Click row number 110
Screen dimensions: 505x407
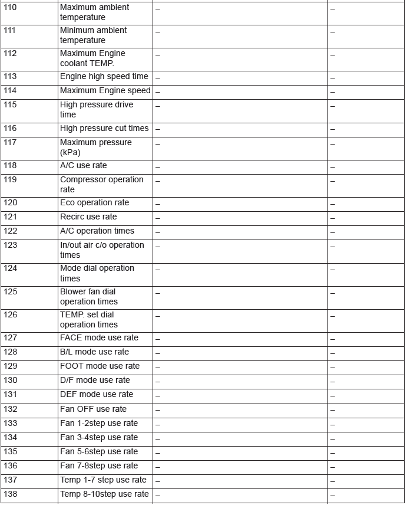click(x=11, y=8)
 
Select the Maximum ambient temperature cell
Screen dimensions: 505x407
click(x=94, y=12)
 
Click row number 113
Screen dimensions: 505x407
click(x=11, y=77)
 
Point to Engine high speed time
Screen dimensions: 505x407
click(x=104, y=77)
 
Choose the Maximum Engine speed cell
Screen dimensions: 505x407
click(x=105, y=91)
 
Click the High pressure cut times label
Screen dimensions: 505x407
click(x=104, y=129)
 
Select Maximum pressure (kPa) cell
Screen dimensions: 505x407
click(x=95, y=147)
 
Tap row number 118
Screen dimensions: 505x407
click(x=11, y=166)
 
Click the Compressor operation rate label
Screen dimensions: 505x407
click(x=101, y=184)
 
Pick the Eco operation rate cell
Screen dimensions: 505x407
click(x=94, y=203)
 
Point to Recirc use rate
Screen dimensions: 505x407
click(x=88, y=217)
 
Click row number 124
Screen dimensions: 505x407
click(x=11, y=268)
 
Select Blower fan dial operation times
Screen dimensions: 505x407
click(x=88, y=296)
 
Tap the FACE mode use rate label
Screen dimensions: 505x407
click(x=99, y=338)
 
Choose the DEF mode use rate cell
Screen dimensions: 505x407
click(x=97, y=395)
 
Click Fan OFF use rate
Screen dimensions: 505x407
click(x=93, y=409)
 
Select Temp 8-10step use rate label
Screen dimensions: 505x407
click(x=104, y=494)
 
